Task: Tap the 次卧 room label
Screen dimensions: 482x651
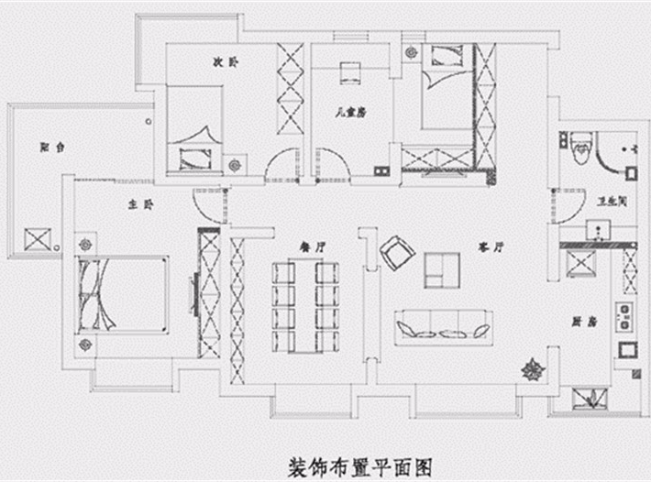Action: [x=226, y=63]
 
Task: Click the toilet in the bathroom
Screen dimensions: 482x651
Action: [x=579, y=147]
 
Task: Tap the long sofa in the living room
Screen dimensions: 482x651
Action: [x=444, y=327]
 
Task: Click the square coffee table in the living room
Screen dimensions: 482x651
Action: [x=441, y=268]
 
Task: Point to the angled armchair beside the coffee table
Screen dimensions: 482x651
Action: [x=397, y=252]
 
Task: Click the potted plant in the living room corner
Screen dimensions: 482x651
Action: [x=532, y=371]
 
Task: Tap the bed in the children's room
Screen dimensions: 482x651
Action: [x=444, y=86]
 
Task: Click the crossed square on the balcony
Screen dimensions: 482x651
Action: [x=38, y=241]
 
